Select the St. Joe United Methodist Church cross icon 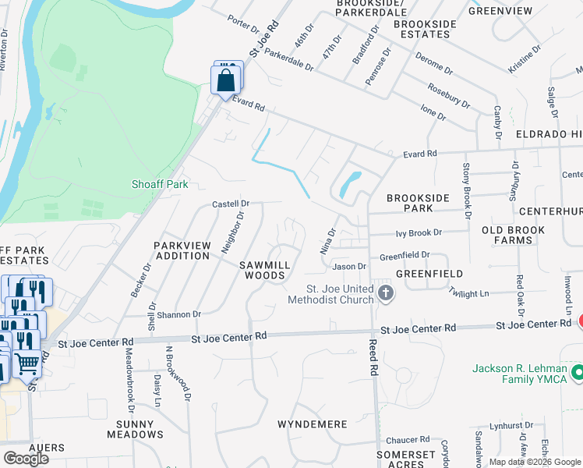click(x=384, y=293)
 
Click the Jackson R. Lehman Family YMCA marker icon click(x=577, y=371)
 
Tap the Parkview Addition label click(x=182, y=250)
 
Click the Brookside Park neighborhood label click(x=418, y=204)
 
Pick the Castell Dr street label click(x=231, y=204)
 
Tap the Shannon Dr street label click(x=178, y=314)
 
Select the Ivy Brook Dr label click(x=419, y=232)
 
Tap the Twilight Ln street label click(x=468, y=292)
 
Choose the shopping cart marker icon click(x=26, y=363)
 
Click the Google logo click(x=26, y=458)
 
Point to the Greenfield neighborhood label click(x=429, y=274)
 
